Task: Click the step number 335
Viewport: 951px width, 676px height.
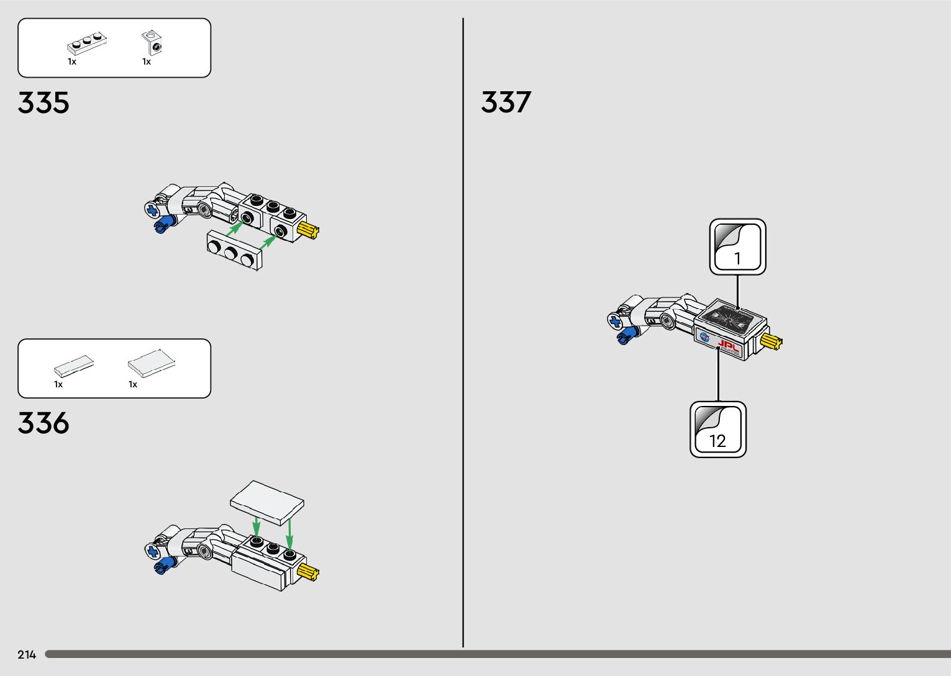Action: (43, 103)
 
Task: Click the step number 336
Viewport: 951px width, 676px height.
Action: (43, 423)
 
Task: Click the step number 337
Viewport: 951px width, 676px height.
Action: (506, 102)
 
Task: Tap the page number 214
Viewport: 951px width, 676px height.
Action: (27, 655)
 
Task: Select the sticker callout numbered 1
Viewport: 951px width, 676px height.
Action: (738, 246)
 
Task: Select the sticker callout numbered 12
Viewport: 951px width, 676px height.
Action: (718, 430)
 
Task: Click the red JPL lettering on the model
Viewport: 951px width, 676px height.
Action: (728, 346)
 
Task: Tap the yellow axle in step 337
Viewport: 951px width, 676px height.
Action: (772, 341)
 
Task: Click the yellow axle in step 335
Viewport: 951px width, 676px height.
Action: (309, 231)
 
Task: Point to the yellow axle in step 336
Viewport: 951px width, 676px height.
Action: (309, 573)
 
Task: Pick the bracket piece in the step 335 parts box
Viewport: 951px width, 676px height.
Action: (152, 43)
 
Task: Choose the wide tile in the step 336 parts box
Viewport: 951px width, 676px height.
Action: (151, 364)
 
